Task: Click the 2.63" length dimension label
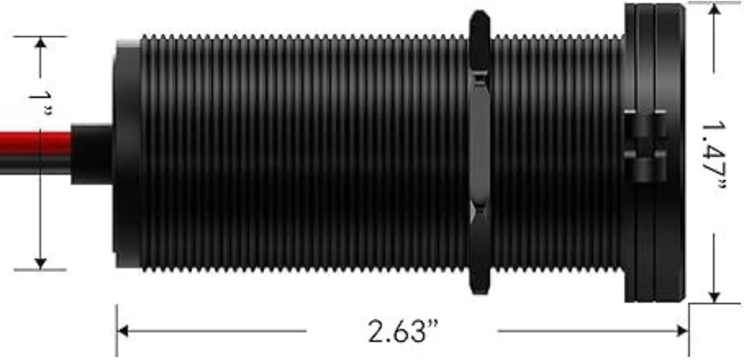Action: (x=403, y=331)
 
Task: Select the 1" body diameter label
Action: (x=41, y=103)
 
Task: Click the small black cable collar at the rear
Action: (x=92, y=154)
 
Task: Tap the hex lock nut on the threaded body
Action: (x=480, y=152)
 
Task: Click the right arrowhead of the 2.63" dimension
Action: (x=682, y=331)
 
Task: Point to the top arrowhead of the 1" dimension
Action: (x=41, y=43)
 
